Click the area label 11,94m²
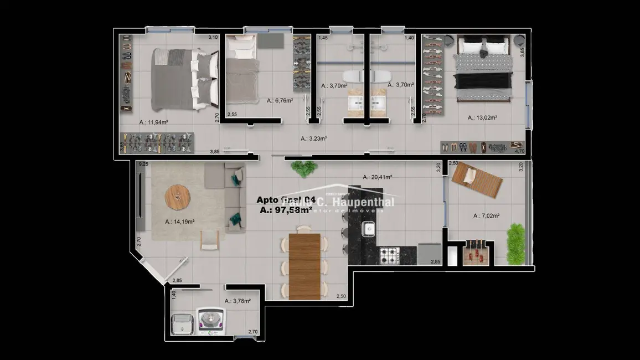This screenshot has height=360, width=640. pos(154,122)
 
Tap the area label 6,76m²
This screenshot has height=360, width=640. pos(280,101)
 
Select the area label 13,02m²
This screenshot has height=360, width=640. pos(482,117)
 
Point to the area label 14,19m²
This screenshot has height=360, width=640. pos(179,222)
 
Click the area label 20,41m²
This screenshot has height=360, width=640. pos(378,177)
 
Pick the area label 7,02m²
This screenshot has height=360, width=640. pos(487,216)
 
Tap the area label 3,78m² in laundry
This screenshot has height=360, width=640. pos(238,301)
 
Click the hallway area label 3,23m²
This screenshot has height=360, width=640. pos(313,139)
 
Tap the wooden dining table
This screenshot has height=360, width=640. pos(304,265)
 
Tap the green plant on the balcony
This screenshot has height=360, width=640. pos(515,243)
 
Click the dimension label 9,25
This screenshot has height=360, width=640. pos(144,164)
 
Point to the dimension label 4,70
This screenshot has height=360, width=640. pos(519,150)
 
